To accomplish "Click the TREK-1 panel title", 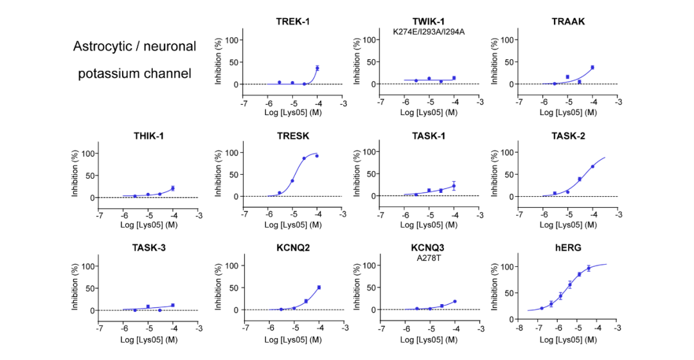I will pyautogui.click(x=292, y=21).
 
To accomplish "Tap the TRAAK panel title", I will pyautogui.click(x=568, y=21).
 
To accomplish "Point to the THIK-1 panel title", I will pyautogui.click(x=149, y=136).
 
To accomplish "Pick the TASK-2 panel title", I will pyautogui.click(x=568, y=136).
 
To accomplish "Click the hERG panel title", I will pyautogui.click(x=568, y=248).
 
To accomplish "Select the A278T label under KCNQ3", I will pyautogui.click(x=430, y=258).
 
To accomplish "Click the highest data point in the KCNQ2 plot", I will pyautogui.click(x=319, y=287).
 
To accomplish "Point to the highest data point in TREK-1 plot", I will pyautogui.click(x=317, y=68).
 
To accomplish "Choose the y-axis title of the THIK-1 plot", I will pyautogui.click(x=75, y=174).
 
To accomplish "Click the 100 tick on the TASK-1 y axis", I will pyautogui.click(x=368, y=152).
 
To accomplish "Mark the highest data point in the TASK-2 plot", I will pyautogui.click(x=592, y=166).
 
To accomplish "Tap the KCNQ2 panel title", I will pyautogui.click(x=292, y=248).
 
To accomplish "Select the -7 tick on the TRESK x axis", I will pyautogui.click(x=244, y=214).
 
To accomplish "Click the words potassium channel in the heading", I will pyautogui.click(x=135, y=73).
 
